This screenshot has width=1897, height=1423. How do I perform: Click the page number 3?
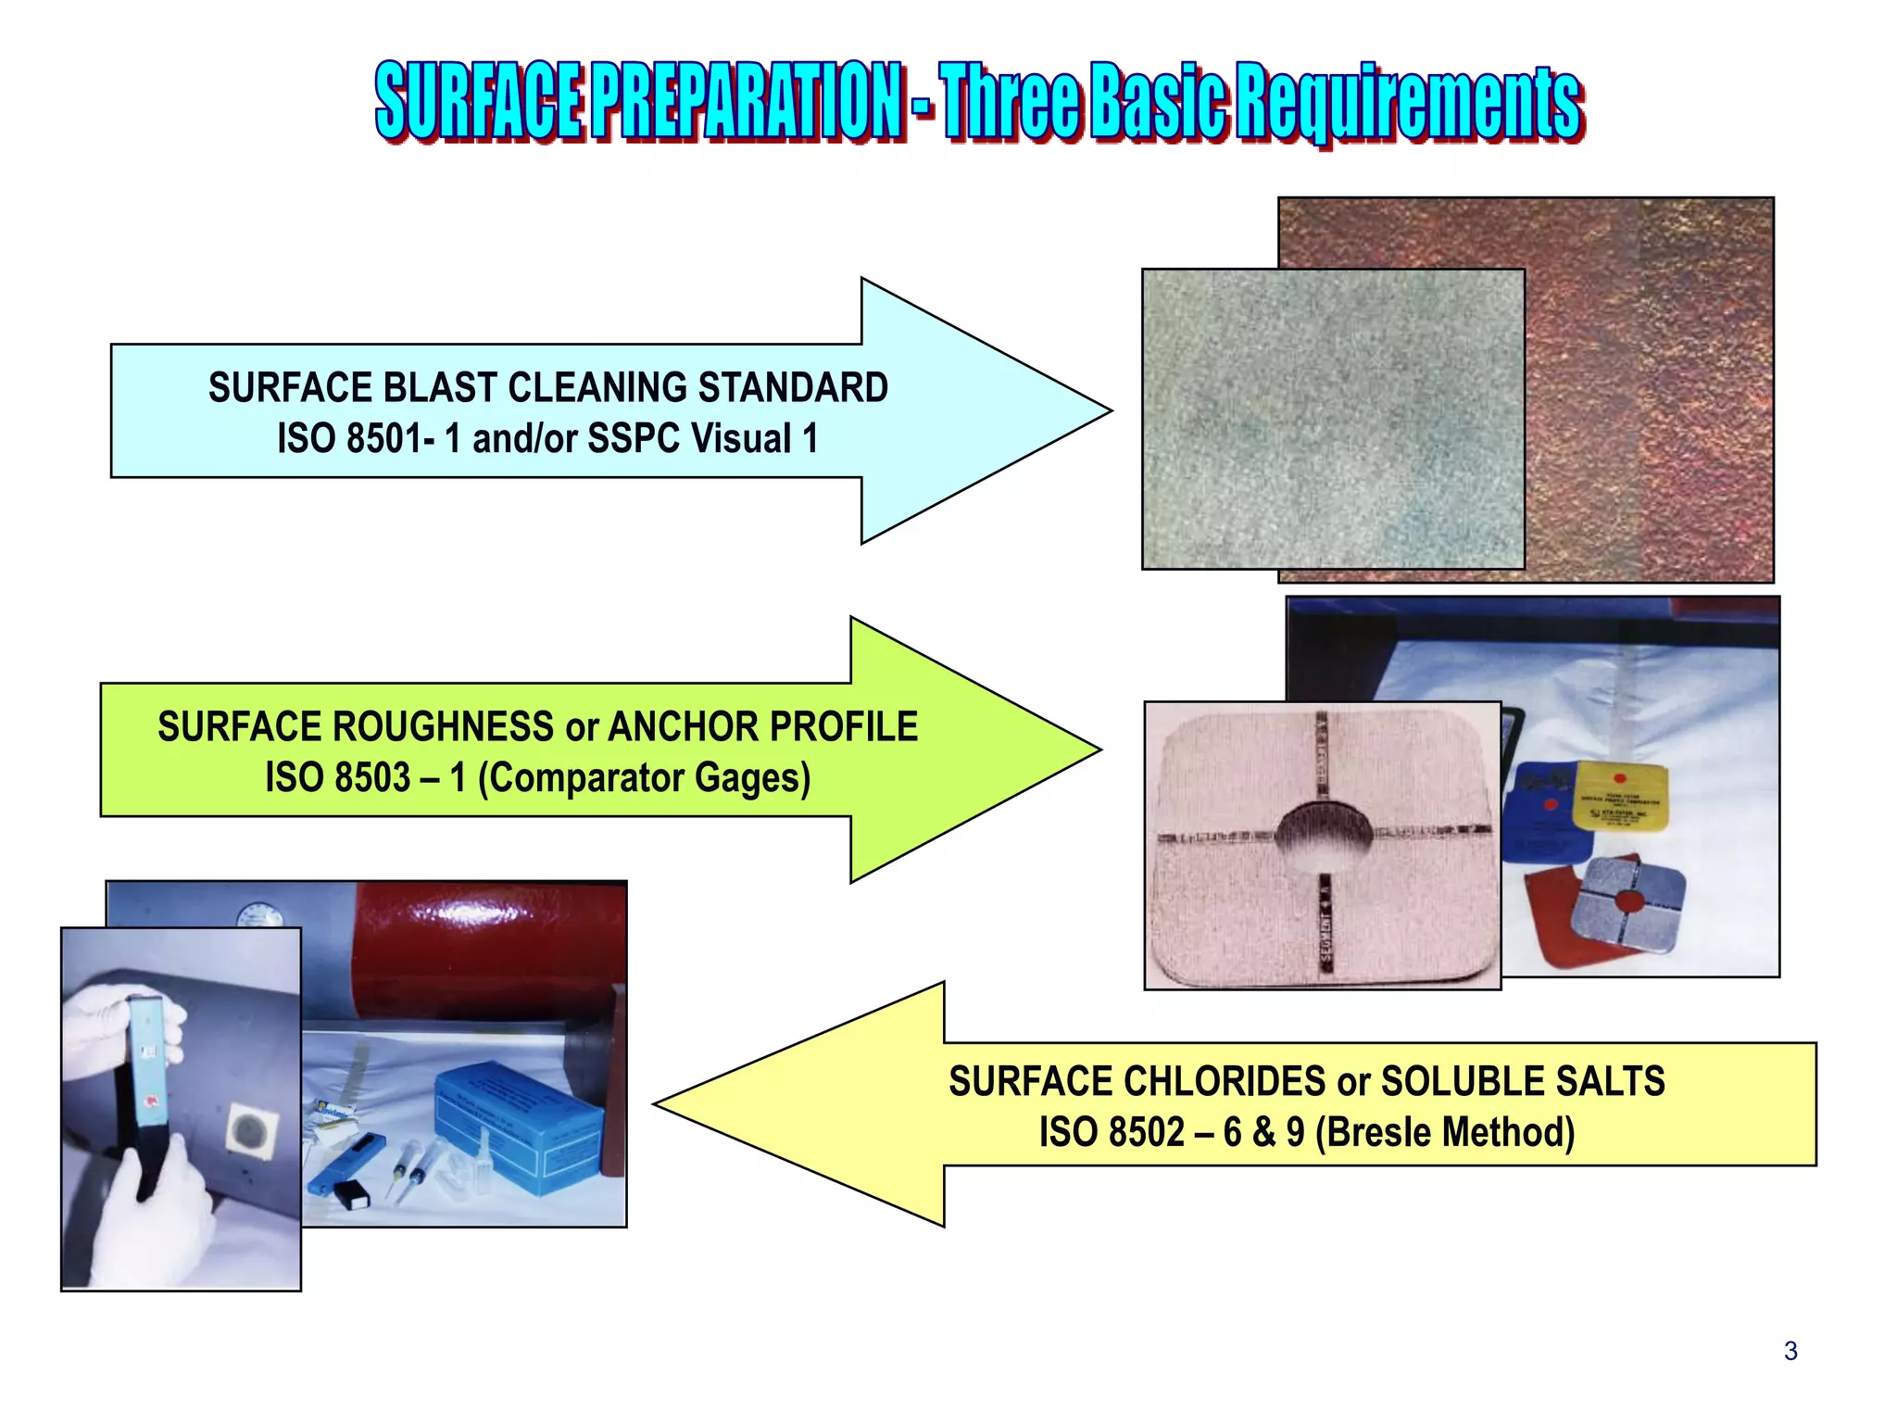pos(1790,1352)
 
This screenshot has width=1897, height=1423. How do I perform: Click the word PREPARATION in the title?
pos(747,101)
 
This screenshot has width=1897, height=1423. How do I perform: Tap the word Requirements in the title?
pos(1408,103)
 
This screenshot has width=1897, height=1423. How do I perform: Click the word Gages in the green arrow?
pos(751,778)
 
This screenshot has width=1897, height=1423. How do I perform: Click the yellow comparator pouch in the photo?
pos(1620,797)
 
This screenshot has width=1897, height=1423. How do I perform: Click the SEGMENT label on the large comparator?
pos(1325,935)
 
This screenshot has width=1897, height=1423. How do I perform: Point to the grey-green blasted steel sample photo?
pos(1332,419)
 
